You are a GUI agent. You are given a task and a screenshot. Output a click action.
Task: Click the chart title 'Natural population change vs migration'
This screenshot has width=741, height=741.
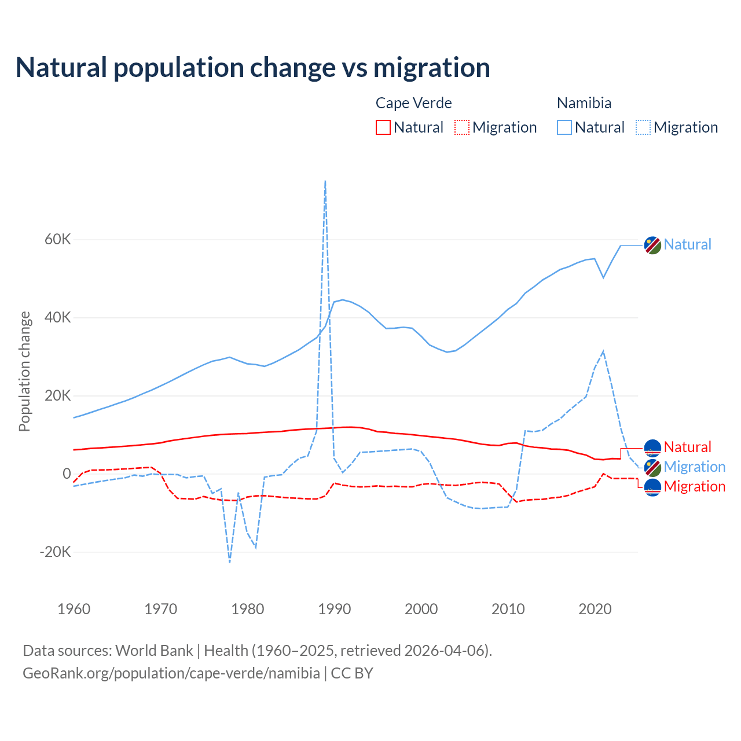coord(253,67)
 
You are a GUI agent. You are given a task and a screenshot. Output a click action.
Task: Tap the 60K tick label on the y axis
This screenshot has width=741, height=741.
coord(58,240)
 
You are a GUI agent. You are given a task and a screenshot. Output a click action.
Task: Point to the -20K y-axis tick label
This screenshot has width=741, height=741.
coord(56,552)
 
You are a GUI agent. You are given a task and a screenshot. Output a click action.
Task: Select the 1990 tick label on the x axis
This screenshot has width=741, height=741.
coord(335,609)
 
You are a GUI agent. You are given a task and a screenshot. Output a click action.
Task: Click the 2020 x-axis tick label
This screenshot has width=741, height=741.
coord(595,609)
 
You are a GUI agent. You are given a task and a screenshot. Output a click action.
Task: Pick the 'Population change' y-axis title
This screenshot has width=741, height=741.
coord(24,371)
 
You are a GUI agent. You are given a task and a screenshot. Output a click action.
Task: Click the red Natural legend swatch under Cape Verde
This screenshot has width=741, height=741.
coord(383,127)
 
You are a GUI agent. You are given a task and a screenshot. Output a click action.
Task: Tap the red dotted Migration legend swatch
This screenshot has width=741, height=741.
coord(462,127)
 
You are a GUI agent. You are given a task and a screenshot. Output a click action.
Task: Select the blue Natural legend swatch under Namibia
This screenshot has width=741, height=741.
coord(564,127)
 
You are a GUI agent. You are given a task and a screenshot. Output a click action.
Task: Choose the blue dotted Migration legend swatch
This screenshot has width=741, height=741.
coord(643,127)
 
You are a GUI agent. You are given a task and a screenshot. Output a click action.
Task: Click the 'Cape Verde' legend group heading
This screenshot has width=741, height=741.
coord(413,103)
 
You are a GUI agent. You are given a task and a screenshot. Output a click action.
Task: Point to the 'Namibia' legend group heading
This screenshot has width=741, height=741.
coord(584,103)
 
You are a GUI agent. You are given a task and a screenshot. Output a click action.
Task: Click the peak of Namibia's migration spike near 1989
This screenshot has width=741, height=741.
coord(325,181)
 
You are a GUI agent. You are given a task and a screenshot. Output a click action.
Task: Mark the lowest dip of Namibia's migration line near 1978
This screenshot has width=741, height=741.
coord(230,562)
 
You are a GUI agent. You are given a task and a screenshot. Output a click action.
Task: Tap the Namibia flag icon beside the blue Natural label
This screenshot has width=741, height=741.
coord(652,245)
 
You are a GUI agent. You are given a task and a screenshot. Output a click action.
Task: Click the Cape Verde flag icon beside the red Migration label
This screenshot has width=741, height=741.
coord(652,487)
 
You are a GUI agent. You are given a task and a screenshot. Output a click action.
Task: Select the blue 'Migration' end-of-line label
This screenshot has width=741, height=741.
coord(694,467)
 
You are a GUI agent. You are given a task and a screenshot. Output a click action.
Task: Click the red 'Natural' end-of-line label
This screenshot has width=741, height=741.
coord(687,447)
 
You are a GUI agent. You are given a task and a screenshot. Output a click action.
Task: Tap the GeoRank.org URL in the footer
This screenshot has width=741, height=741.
coord(171,673)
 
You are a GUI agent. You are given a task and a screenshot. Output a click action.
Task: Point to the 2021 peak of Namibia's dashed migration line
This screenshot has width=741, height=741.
coord(603,351)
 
